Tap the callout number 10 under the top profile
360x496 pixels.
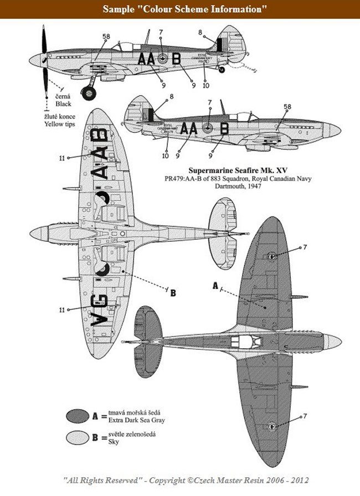click(205, 85)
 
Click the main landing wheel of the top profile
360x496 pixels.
click(88, 92)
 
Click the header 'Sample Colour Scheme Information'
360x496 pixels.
click(179, 9)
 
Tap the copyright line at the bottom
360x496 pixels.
click(179, 480)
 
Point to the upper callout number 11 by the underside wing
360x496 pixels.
click(62, 158)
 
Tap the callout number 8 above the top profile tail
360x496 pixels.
click(200, 32)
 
